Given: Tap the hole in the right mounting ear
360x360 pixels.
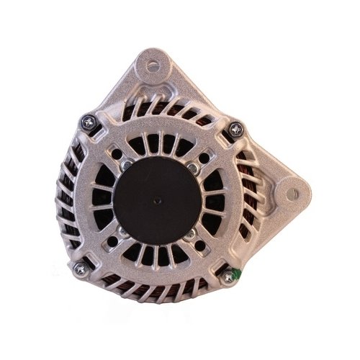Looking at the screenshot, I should (x=291, y=194).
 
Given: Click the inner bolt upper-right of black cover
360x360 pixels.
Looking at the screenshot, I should (x=191, y=167).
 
